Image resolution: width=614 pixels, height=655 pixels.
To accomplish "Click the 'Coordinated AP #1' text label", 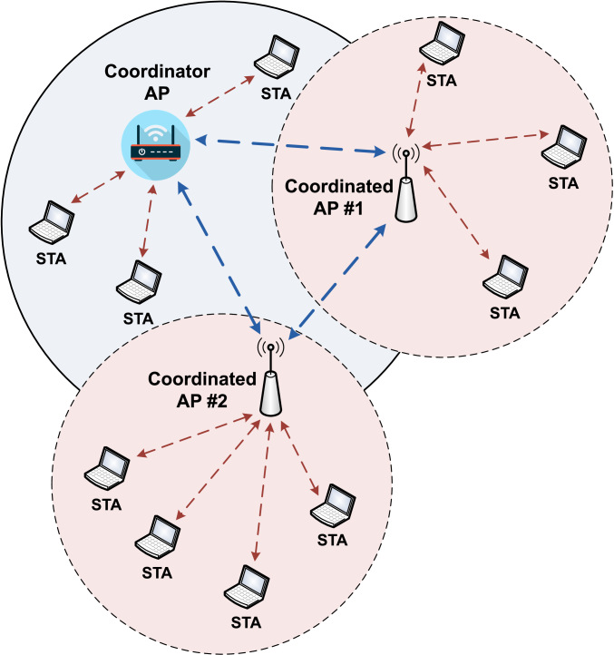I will pyautogui.click(x=339, y=195).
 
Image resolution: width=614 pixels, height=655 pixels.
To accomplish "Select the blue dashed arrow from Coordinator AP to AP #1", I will pyautogui.click(x=290, y=144).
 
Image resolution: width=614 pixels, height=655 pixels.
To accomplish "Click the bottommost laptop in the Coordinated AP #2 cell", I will pyautogui.click(x=248, y=585).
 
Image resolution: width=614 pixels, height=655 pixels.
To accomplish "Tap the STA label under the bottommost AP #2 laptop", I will pyautogui.click(x=247, y=622).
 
